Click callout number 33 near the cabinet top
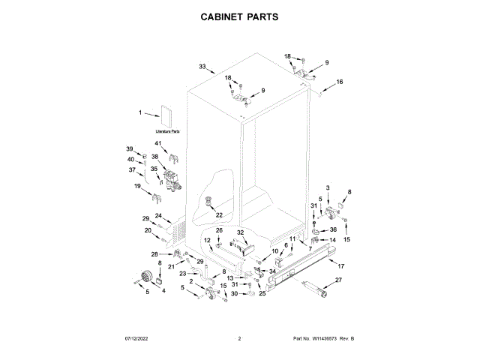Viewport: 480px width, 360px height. (202, 67)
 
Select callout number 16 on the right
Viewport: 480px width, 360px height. (339, 82)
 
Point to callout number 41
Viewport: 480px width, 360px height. (158, 143)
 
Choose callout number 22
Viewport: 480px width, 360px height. (220, 215)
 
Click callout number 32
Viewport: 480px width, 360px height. (241, 232)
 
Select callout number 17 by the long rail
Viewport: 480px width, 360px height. (340, 266)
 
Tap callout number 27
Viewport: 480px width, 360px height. (337, 280)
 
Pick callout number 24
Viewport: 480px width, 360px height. (158, 215)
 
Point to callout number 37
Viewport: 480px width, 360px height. (131, 169)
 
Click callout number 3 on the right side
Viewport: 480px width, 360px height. (327, 186)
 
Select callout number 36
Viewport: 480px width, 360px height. (333, 229)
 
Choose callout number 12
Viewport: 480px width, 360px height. (207, 240)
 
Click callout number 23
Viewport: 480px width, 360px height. (182, 274)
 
